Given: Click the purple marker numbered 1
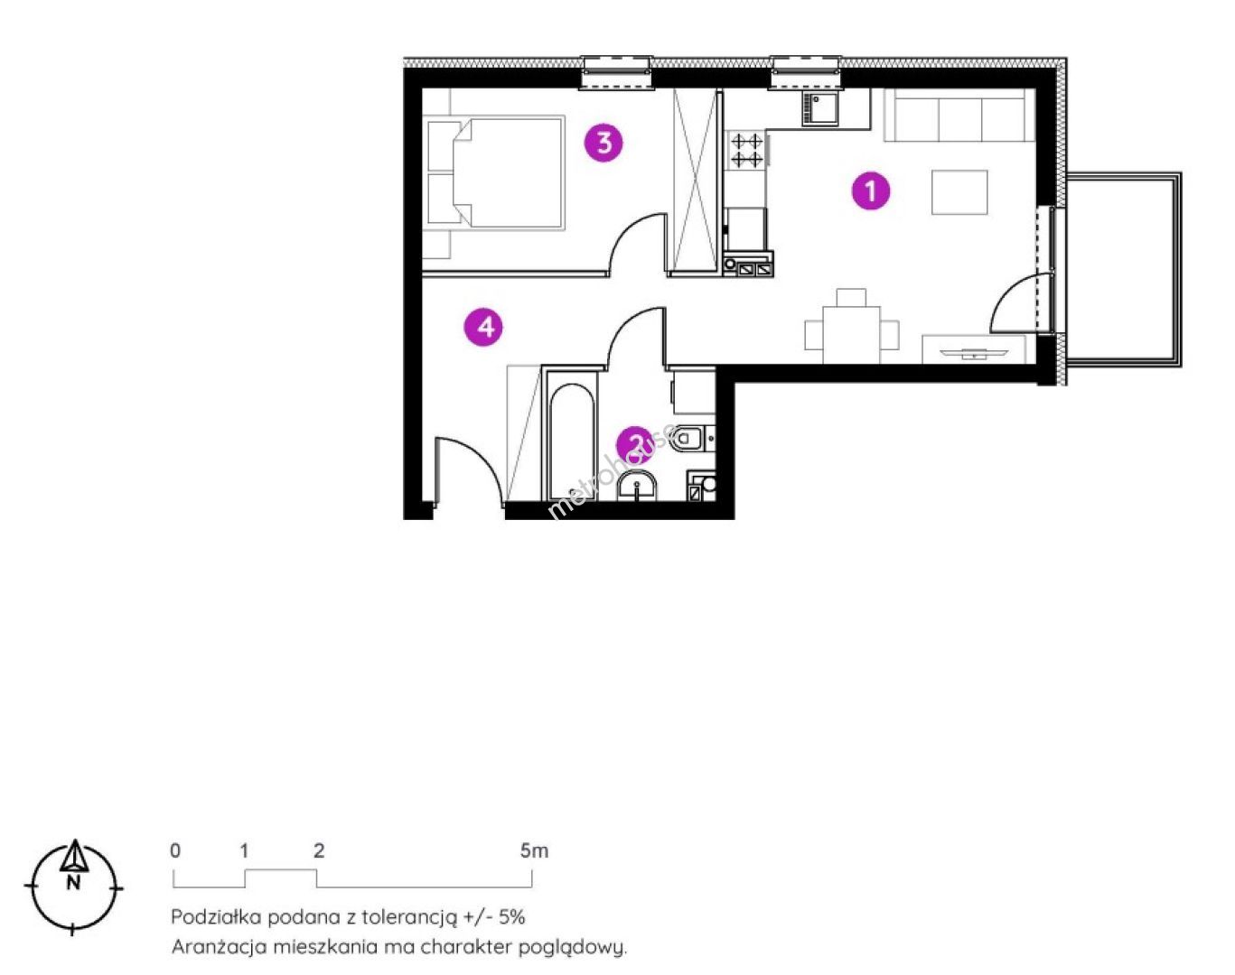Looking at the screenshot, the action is [871, 191].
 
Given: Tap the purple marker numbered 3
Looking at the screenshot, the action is [603, 143].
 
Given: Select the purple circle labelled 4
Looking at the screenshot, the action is [483, 327].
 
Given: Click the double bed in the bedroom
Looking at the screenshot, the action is [494, 172].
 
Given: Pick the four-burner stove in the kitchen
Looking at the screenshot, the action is [746, 149].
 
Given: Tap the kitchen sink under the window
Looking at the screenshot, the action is [820, 109].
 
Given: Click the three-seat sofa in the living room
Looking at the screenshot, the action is [959, 115].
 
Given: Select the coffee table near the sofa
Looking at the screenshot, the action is [959, 192].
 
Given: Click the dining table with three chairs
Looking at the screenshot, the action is [852, 327].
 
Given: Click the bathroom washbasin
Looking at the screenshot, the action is [637, 487].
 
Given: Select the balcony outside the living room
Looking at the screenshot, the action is [1123, 269].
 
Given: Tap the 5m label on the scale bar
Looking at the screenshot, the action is [534, 851].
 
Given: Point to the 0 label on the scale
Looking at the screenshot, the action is [175, 851].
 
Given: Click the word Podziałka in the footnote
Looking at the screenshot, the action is [217, 917].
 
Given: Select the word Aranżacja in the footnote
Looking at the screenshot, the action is [219, 947].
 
